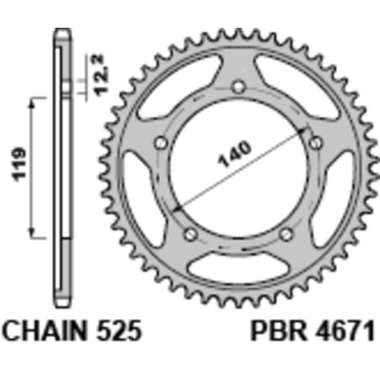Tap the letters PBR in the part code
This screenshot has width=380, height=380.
point(275,329)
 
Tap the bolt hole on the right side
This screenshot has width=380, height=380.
point(315,142)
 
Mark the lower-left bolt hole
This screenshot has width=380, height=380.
point(189,233)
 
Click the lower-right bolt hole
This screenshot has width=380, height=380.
point(286,233)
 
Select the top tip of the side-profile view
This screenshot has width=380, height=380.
point(61,31)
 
